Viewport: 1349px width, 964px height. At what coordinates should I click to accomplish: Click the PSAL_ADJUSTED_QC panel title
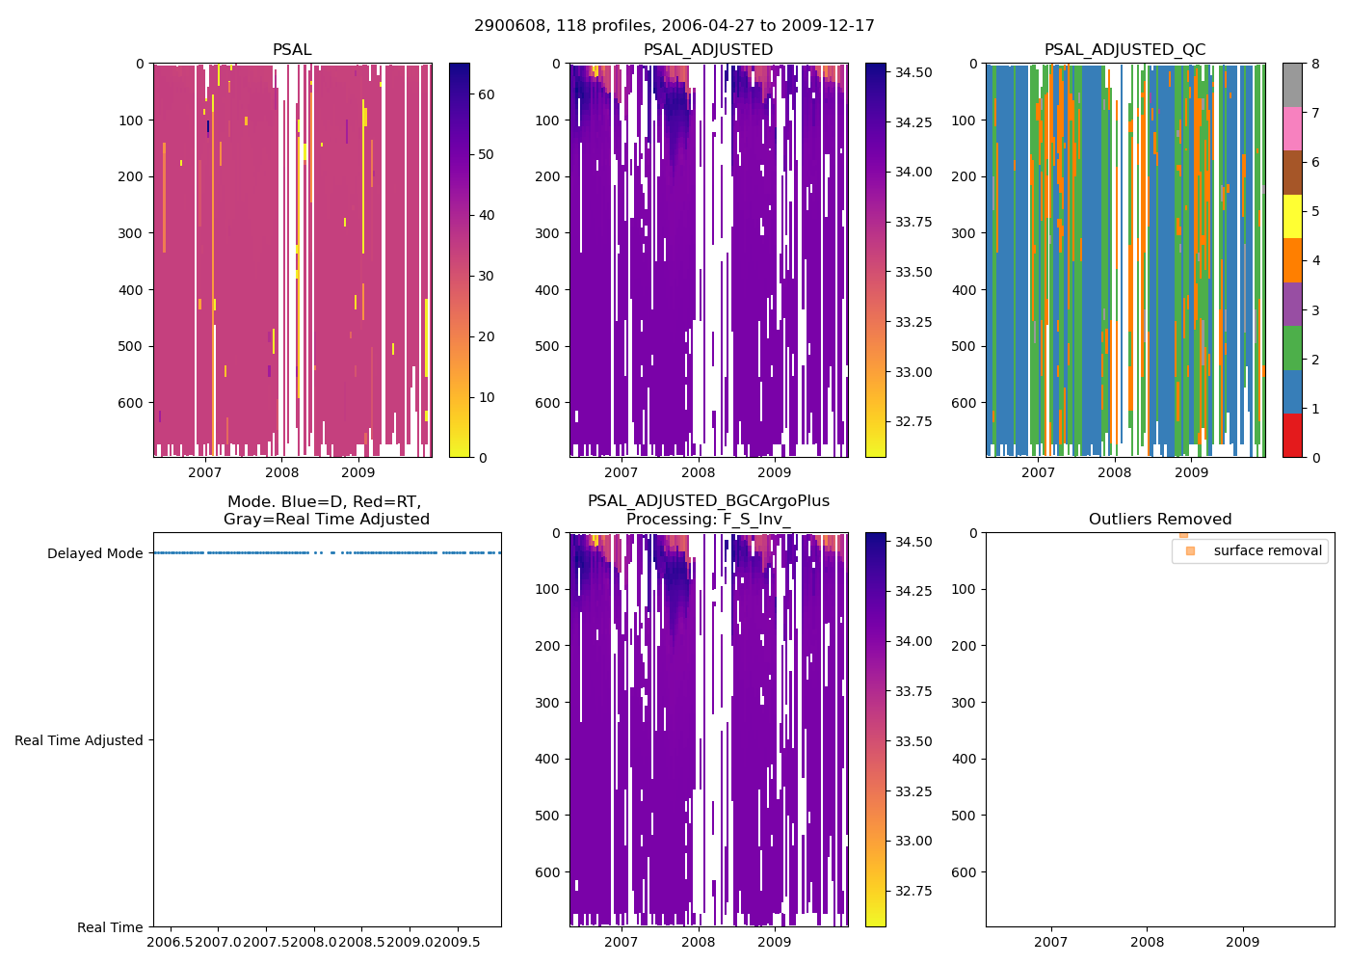tap(1124, 50)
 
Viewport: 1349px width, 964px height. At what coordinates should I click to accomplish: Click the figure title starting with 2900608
tap(674, 26)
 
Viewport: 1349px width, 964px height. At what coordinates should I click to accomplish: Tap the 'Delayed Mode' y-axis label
tap(94, 553)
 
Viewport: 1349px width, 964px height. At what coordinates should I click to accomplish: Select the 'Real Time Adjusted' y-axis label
tap(79, 740)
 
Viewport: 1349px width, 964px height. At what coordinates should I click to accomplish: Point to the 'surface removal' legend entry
tap(1267, 550)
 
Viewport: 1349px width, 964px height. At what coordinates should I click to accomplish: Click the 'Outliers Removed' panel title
tap(1159, 520)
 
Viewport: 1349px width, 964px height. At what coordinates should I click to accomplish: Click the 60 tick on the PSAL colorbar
tap(486, 94)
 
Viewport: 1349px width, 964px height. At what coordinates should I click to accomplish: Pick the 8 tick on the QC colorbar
tap(1315, 64)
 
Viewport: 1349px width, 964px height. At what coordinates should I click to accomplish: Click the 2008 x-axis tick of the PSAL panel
tap(281, 472)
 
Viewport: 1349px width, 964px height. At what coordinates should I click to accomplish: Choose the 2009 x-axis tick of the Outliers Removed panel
tap(1242, 942)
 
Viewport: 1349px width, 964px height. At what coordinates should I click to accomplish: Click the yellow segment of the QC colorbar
tap(1292, 217)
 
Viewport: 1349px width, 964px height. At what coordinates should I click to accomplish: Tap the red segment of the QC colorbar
tap(1292, 435)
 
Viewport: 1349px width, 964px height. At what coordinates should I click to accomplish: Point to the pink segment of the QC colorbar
tap(1292, 128)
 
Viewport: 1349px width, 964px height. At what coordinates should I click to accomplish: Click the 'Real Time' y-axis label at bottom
tap(110, 927)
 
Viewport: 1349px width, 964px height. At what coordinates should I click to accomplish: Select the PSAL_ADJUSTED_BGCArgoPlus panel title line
tap(708, 501)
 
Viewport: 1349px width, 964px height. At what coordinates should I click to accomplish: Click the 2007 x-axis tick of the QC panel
tap(1038, 472)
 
